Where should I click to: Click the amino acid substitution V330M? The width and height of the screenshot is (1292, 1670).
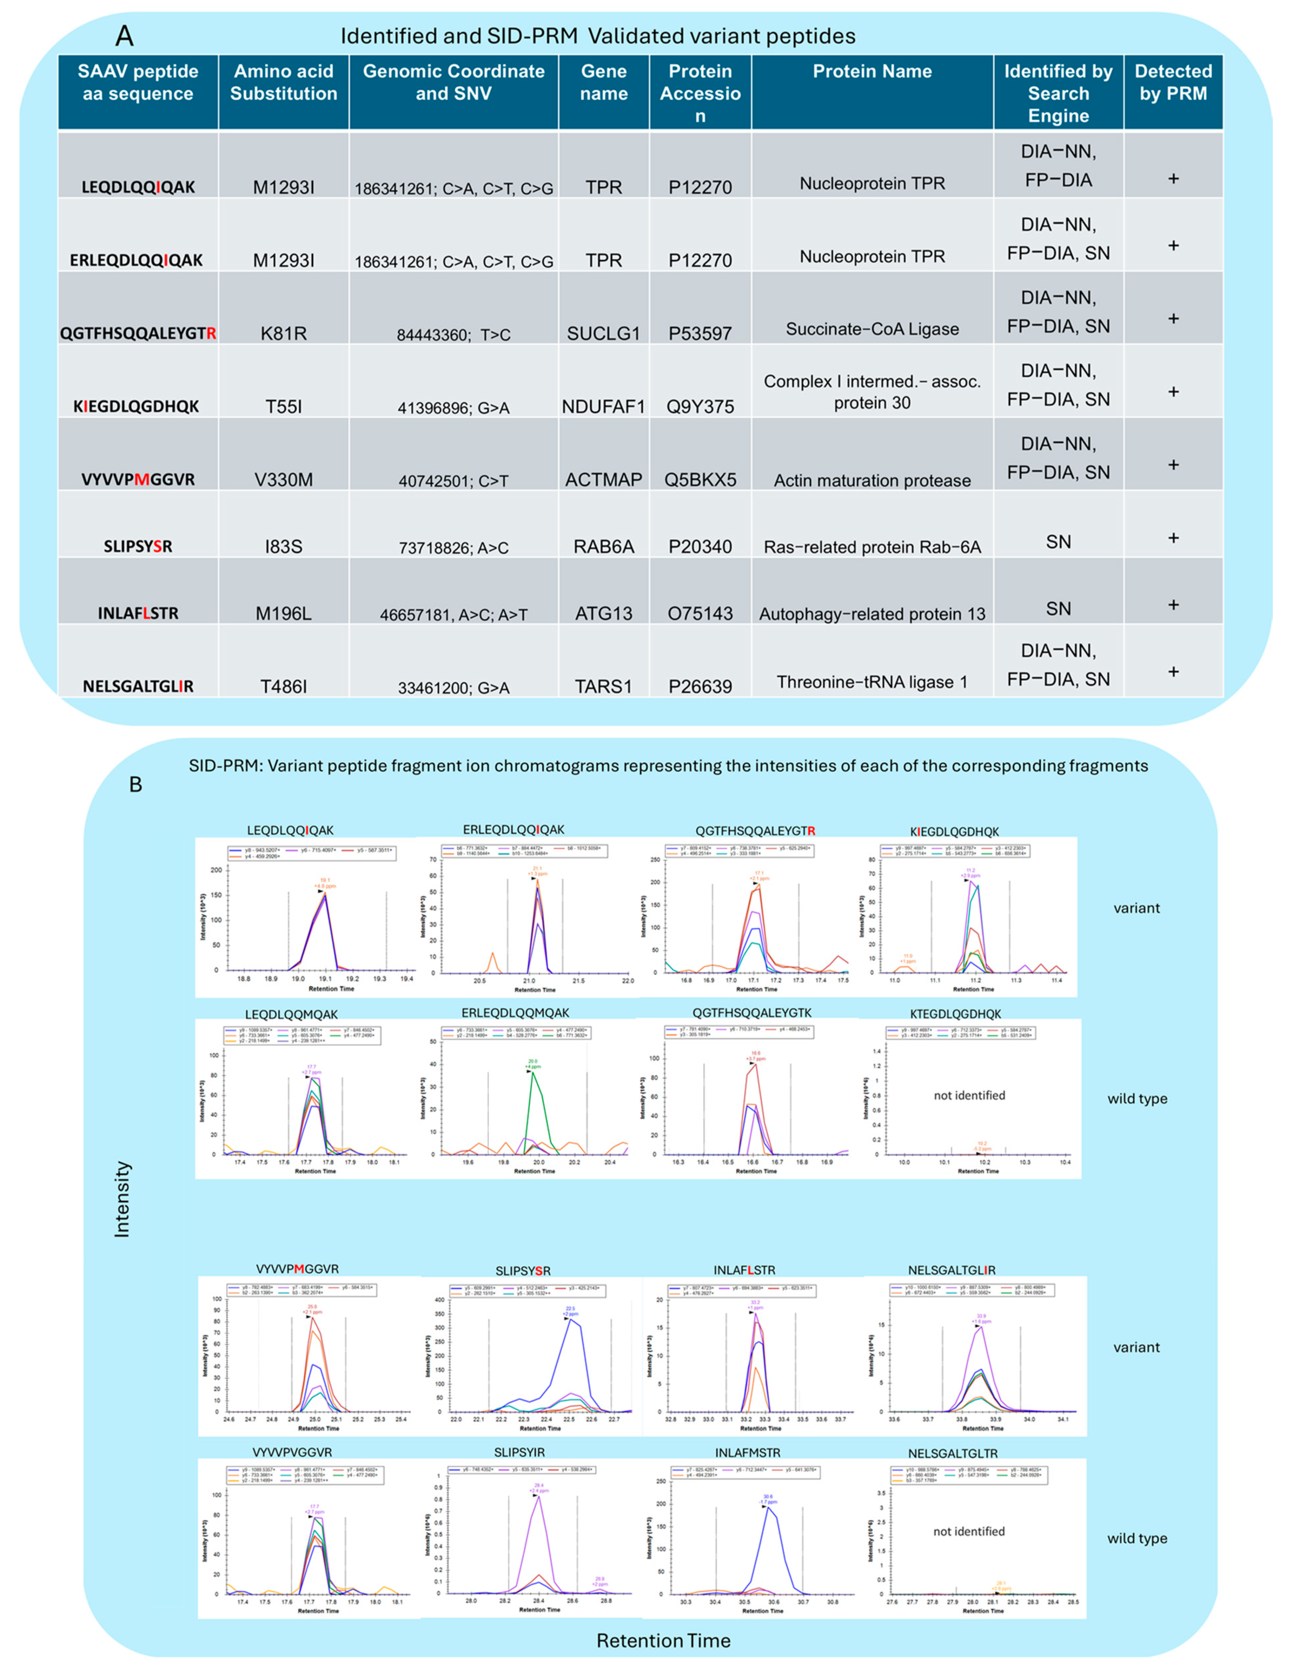tap(283, 479)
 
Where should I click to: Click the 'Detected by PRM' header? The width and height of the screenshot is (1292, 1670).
tap(1173, 83)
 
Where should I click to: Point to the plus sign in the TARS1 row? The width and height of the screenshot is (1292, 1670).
tap(1173, 671)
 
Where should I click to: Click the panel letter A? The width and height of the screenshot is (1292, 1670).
tap(124, 36)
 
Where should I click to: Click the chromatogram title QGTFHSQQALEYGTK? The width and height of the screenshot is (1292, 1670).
tap(753, 1013)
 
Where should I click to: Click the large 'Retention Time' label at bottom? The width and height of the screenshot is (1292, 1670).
tap(663, 1641)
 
